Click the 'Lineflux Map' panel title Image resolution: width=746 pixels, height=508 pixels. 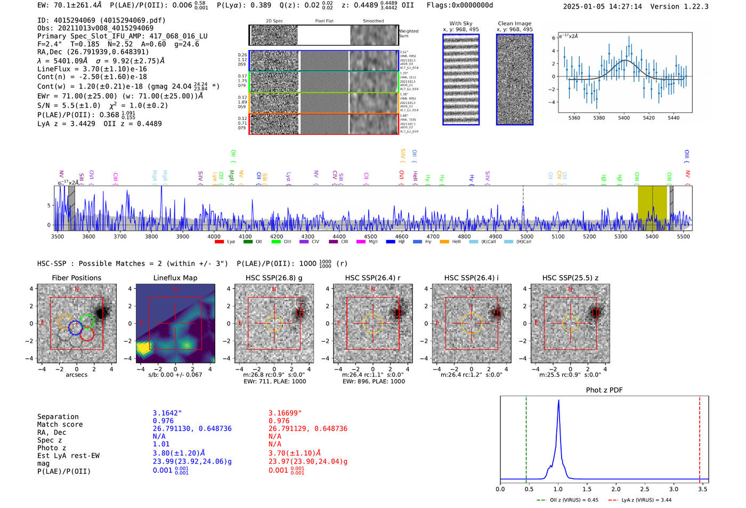point(175,278)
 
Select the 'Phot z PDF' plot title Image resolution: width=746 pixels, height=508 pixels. point(604,390)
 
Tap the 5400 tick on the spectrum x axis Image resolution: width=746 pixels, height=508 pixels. point(652,237)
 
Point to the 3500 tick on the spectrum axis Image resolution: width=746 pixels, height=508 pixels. point(57,237)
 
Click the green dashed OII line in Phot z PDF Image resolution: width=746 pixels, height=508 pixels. point(526,437)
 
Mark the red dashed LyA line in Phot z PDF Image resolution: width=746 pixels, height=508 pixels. point(700,437)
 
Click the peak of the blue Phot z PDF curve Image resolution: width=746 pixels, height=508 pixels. point(558,401)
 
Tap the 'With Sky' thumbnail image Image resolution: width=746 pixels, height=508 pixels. point(461,79)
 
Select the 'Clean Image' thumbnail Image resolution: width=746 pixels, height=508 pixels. point(515,79)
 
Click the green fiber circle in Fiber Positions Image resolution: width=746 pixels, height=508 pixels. point(87,321)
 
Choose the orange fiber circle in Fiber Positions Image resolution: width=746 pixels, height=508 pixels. point(64,322)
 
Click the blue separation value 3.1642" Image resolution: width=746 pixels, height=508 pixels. point(167,413)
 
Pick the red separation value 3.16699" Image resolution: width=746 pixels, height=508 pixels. point(285,413)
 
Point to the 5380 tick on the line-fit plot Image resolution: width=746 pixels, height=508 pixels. point(599,118)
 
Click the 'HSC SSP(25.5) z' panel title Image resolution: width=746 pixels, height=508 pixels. point(570,278)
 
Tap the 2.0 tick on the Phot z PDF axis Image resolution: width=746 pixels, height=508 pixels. point(616,489)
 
